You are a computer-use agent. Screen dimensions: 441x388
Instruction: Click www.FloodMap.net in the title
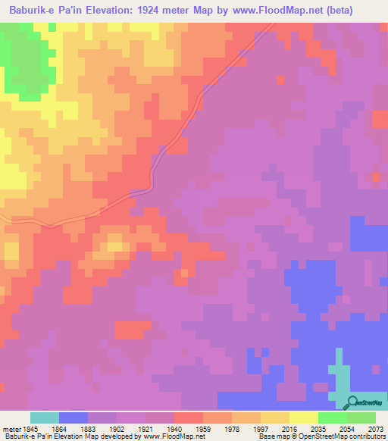[283, 10]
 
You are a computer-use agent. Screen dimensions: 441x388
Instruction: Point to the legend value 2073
[377, 428]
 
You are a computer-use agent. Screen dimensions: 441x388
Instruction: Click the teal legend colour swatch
[45, 418]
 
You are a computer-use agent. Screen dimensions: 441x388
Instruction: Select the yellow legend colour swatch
[304, 418]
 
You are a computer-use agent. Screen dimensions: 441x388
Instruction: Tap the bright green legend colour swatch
[333, 418]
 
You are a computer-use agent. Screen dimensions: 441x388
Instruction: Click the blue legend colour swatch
[74, 418]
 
